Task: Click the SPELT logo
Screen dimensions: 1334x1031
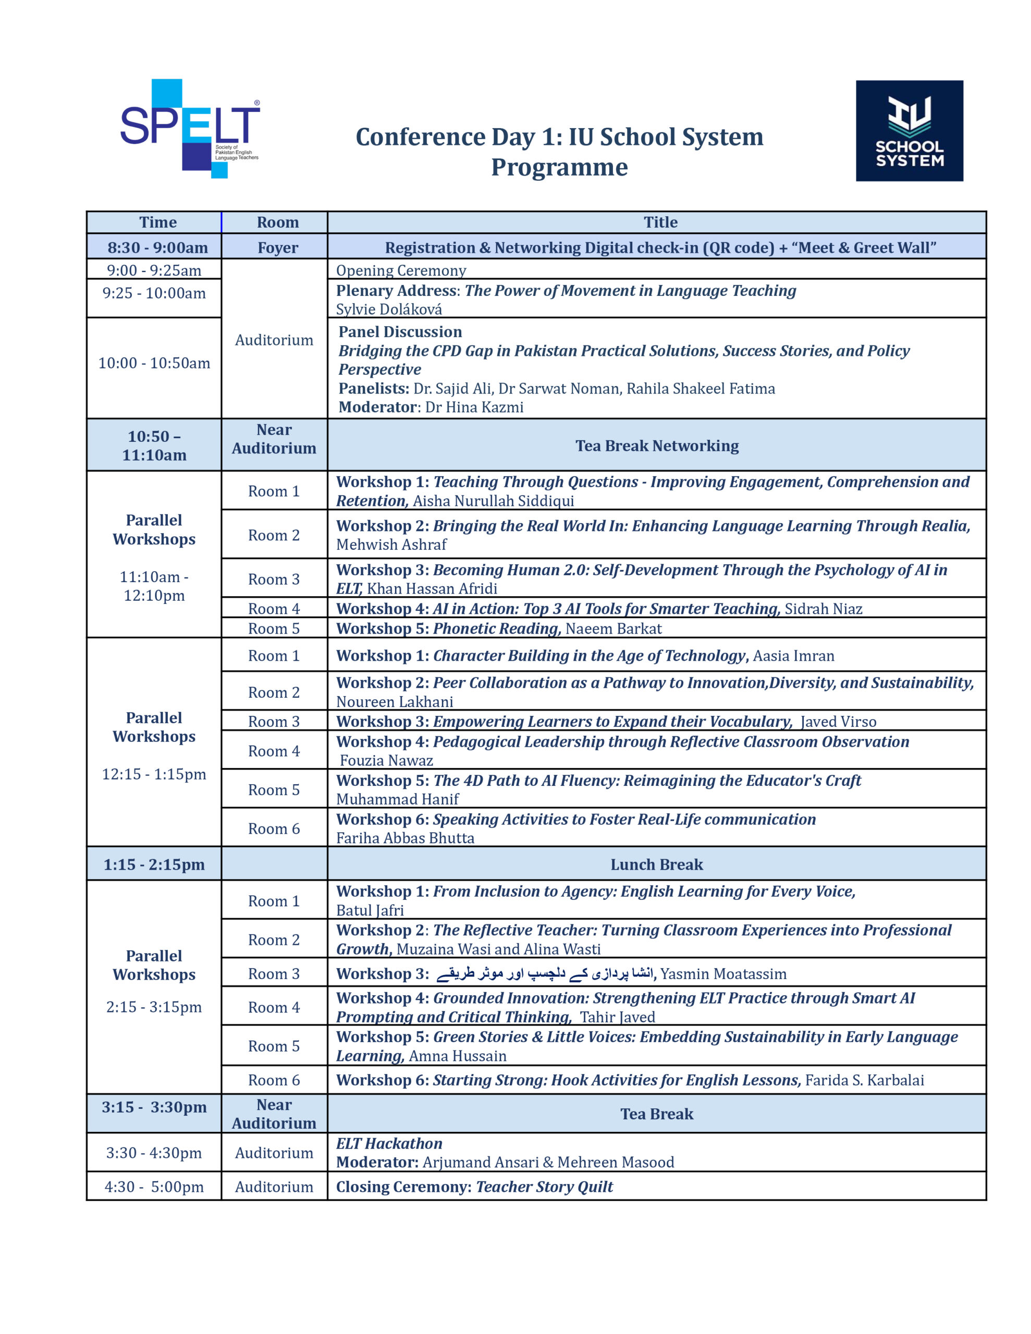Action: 189,128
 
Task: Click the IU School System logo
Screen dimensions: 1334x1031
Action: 909,131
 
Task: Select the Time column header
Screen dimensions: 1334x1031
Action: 158,223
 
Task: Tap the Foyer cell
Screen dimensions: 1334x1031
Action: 277,248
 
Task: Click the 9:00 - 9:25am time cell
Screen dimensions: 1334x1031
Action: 154,270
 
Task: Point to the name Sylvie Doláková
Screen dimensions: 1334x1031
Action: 389,309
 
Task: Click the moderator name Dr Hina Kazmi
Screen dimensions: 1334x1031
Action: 474,407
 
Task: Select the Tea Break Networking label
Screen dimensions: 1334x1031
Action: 656,446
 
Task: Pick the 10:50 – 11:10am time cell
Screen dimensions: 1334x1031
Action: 154,446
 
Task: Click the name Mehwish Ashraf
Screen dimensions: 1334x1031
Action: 391,544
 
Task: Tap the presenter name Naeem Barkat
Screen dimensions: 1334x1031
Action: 613,628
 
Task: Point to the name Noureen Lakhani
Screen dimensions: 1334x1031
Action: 394,702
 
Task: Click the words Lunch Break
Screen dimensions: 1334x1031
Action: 656,864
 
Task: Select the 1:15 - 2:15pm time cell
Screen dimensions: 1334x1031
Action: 154,864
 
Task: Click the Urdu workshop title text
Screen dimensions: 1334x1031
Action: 544,973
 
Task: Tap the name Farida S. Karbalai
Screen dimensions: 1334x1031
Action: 864,1080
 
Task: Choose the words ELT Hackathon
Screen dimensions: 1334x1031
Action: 389,1143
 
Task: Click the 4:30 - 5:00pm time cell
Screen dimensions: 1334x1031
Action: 154,1187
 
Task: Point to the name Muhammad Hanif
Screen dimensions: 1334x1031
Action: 397,799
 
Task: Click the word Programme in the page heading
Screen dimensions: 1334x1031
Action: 559,167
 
